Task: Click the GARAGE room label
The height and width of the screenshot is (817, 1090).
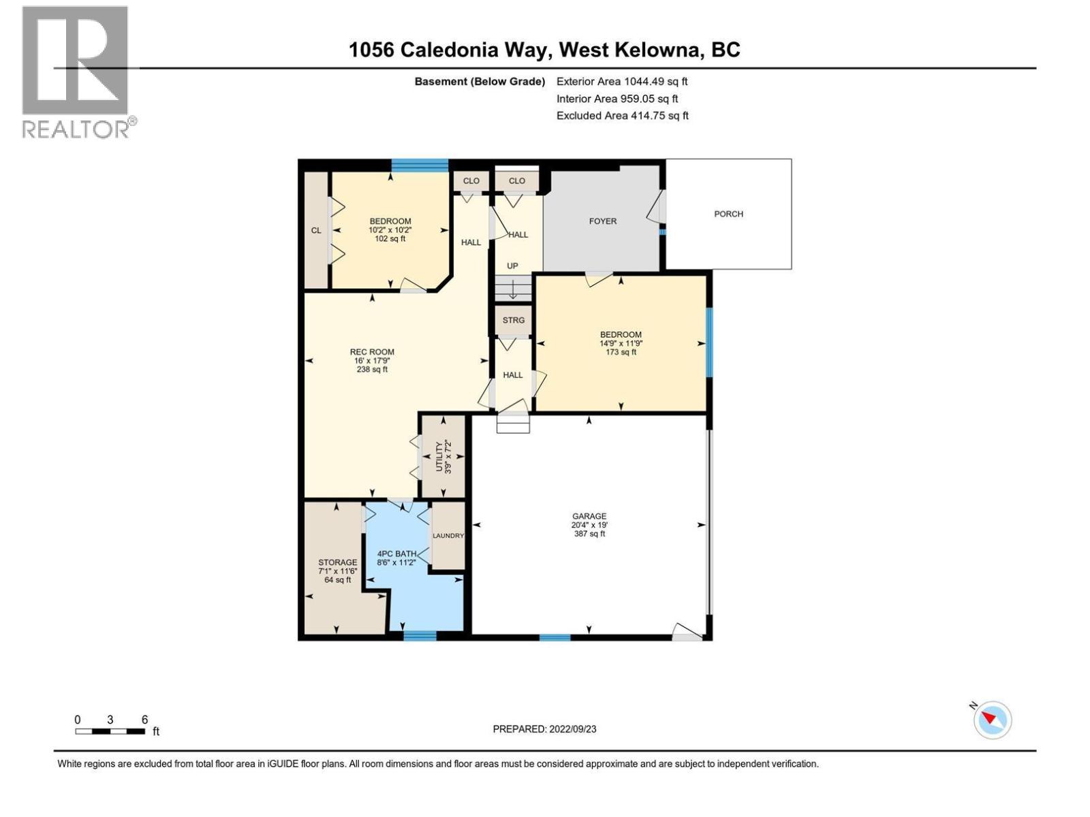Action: (x=589, y=517)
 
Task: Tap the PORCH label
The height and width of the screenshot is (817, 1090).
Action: (x=728, y=214)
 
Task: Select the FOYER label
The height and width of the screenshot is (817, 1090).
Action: (x=602, y=221)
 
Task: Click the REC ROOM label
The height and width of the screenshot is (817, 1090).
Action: (x=372, y=352)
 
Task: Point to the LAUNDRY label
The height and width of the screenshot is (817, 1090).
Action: (x=448, y=536)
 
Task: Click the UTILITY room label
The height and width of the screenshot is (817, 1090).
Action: (x=443, y=456)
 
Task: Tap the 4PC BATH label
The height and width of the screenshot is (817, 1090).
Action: (x=396, y=554)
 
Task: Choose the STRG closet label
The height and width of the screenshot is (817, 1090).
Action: (x=514, y=320)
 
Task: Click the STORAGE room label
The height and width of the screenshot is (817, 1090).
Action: (x=337, y=562)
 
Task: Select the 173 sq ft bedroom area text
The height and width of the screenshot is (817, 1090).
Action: (x=621, y=352)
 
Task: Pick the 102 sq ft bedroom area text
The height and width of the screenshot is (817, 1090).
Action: (x=390, y=238)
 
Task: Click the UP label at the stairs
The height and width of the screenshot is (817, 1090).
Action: (x=512, y=266)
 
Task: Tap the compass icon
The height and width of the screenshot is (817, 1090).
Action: (x=993, y=720)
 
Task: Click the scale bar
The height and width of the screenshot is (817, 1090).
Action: (x=110, y=731)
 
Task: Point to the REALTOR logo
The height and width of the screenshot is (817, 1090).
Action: (x=76, y=71)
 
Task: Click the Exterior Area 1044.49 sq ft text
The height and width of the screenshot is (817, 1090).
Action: (x=622, y=82)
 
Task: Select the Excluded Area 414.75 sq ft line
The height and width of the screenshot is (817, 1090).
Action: (x=622, y=116)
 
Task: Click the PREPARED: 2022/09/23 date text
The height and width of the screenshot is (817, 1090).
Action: (x=544, y=729)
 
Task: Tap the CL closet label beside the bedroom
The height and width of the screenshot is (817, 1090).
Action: (x=316, y=230)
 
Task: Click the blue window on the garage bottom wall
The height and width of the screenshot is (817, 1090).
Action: (x=555, y=637)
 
